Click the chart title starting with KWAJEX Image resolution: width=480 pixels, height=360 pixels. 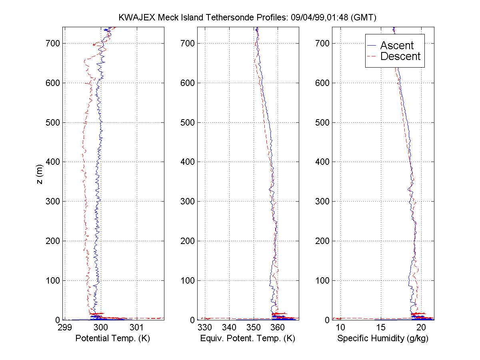[x=248, y=18]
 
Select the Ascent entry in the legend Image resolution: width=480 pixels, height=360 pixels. [x=396, y=46]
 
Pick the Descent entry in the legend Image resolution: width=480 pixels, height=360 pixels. [x=400, y=56]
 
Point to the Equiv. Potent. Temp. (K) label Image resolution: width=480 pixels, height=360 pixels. [x=248, y=338]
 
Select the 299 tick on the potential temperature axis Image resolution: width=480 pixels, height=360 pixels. [x=64, y=328]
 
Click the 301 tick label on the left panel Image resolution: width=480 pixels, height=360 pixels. [x=137, y=328]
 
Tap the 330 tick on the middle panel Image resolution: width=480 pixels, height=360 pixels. [x=205, y=328]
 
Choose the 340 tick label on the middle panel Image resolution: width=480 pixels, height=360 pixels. [x=229, y=328]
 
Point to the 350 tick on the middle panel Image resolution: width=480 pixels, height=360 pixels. [x=254, y=328]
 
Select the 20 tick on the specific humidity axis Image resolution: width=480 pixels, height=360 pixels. [x=421, y=328]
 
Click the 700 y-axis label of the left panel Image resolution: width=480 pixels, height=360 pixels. [x=54, y=43]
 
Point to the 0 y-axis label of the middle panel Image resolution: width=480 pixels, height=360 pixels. [x=192, y=320]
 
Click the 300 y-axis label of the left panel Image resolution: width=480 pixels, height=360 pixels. [x=54, y=201]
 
